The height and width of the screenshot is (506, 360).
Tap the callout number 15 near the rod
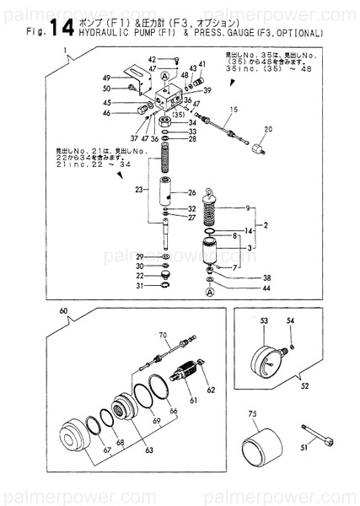tap(233, 110)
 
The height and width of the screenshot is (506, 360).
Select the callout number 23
tap(137, 191)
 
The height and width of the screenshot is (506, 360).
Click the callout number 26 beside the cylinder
tap(191, 192)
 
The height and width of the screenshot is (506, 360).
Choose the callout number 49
tap(107, 77)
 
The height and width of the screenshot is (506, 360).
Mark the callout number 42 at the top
tap(153, 59)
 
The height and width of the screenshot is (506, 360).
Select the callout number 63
tap(148, 451)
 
